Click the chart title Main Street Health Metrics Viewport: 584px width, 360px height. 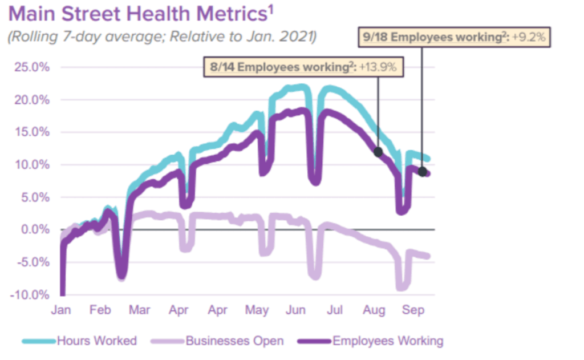[x=138, y=14]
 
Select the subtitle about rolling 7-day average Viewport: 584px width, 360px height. [x=163, y=37]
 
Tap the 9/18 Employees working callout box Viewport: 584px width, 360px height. [x=454, y=37]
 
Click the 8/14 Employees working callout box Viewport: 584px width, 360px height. [x=303, y=67]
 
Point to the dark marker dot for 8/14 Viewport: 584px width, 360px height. [x=378, y=152]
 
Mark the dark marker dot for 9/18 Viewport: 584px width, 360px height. [x=422, y=172]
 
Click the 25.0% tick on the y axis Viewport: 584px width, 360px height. [x=32, y=67]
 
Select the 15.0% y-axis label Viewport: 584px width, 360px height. [x=32, y=132]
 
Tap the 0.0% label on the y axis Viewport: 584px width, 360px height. [x=35, y=229]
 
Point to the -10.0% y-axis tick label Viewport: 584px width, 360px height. [x=30, y=295]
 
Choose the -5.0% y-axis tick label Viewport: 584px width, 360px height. [x=33, y=262]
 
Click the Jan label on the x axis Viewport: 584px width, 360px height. [x=61, y=310]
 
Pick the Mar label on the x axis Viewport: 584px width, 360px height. [x=139, y=310]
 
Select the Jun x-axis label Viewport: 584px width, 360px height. [x=295, y=310]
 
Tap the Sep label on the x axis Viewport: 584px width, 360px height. [x=413, y=310]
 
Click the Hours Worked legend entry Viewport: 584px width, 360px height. [x=79, y=341]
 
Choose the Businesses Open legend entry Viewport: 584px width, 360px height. [x=217, y=341]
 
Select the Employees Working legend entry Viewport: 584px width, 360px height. [x=371, y=341]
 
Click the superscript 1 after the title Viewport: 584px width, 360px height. [x=271, y=9]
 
